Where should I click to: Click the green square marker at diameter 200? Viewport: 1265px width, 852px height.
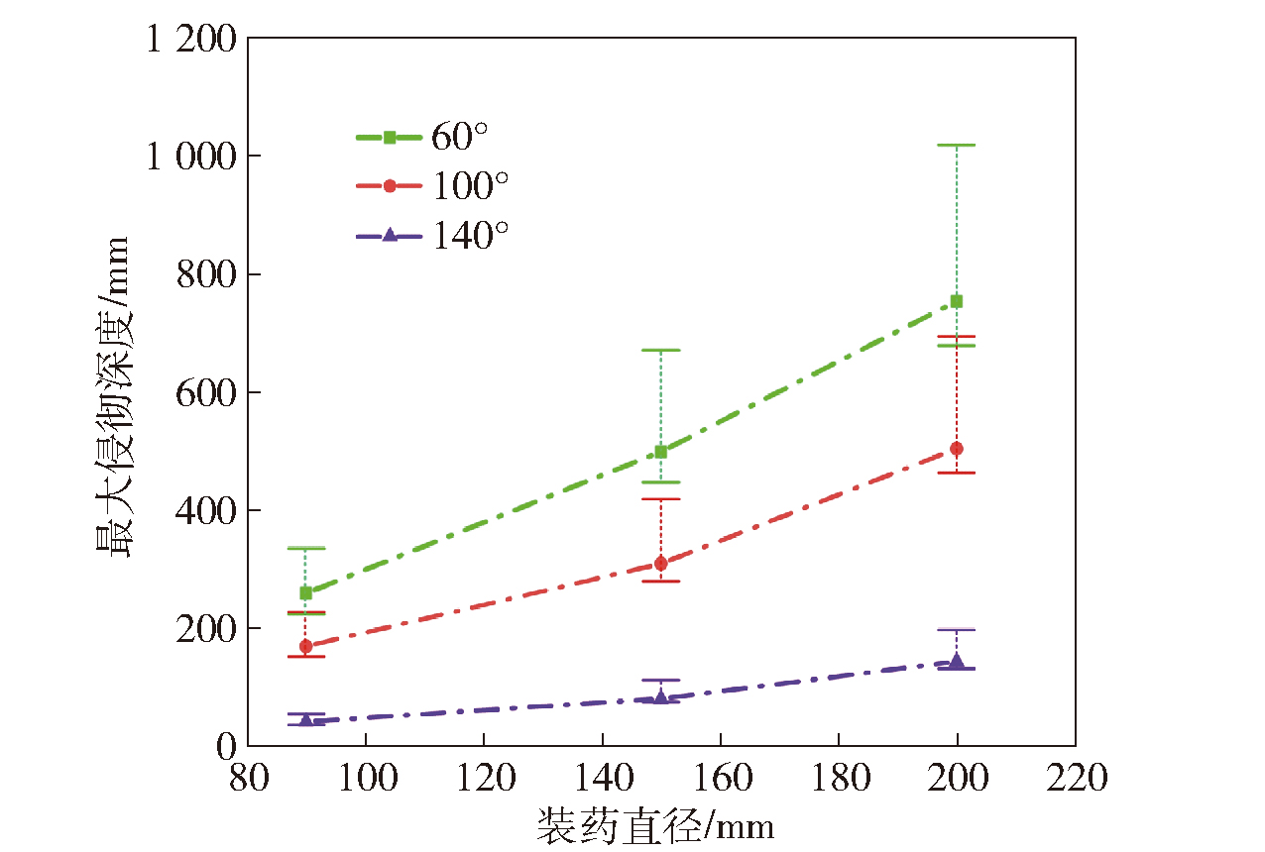pos(957,301)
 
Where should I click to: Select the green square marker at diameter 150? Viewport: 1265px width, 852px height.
pos(661,452)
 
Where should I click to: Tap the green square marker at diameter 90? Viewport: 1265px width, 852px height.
pos(306,592)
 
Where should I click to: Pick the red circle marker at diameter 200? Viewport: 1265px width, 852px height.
pos(957,449)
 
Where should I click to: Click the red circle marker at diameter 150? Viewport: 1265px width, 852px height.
pos(661,564)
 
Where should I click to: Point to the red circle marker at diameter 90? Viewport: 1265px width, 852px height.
pos(306,646)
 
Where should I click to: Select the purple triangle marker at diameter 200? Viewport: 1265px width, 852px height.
pos(957,662)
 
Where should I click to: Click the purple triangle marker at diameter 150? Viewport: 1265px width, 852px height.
pos(661,697)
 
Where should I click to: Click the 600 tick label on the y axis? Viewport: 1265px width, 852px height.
pos(205,393)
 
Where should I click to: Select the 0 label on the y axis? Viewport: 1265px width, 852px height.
pos(226,747)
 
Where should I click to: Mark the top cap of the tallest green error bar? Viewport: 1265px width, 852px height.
pos(957,146)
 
